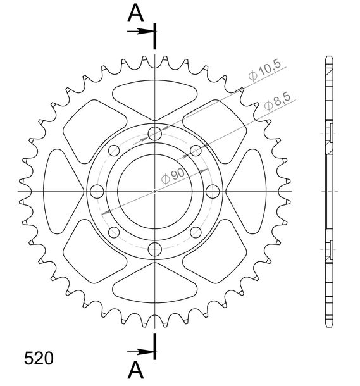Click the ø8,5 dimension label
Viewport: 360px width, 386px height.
[x=277, y=102]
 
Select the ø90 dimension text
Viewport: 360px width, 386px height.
[x=173, y=176]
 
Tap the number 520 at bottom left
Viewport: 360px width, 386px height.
[x=39, y=358]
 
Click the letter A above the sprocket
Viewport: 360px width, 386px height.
[x=135, y=13]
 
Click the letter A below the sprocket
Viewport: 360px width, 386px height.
[x=135, y=370]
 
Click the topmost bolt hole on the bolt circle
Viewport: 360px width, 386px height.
[x=155, y=134]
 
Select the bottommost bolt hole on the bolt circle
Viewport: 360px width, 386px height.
[x=155, y=249]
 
